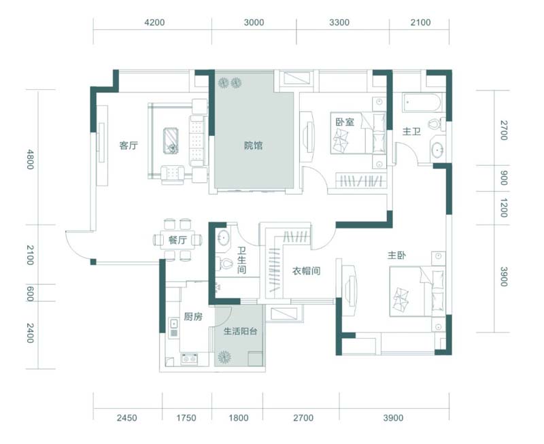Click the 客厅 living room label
pos(129,146)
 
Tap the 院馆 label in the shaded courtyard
pos(253,146)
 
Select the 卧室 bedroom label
pos(345,122)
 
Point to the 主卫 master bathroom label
pos(411,131)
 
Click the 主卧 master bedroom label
pos(396,256)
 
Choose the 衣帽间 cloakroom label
pos(306,271)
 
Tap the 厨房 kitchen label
pos(193,317)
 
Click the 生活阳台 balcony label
pos(240,331)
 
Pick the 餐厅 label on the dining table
pos(177,240)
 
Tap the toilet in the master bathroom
pos(436,124)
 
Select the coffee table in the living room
pos(171,141)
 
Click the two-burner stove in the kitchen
pos(189,359)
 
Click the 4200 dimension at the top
pos(155,22)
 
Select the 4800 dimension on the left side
pos(31,159)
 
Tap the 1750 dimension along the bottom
pos(186,418)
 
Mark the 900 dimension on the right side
pos(504,178)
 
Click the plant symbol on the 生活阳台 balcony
pos(224,357)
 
